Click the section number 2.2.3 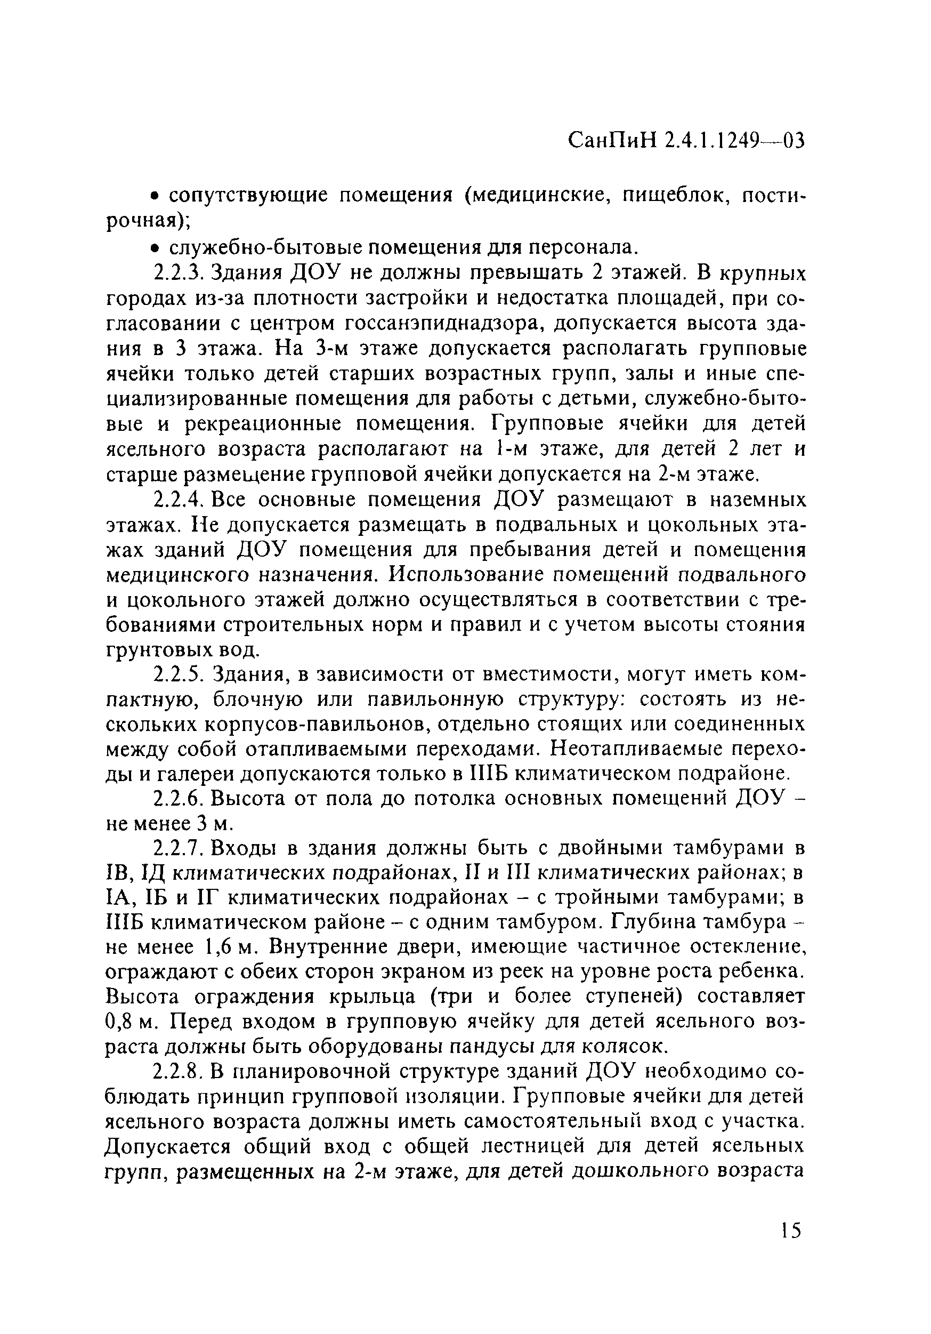180,273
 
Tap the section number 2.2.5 180,675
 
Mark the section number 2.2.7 180,849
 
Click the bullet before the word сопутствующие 155,197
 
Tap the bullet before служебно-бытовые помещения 155,248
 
